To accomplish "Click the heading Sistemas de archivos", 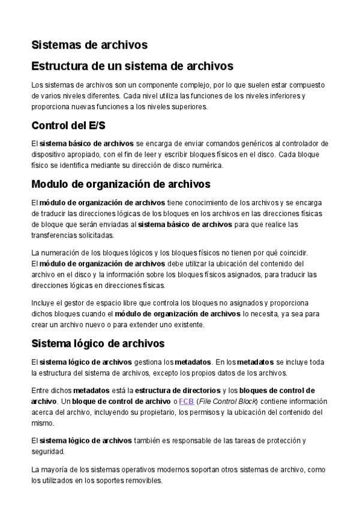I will pos(89,44).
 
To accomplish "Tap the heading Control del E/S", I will pos(68,125).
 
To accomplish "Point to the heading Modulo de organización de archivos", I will pos(120,184).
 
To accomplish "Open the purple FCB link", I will pos(187,401).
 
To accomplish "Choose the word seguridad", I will pos(47,451).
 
